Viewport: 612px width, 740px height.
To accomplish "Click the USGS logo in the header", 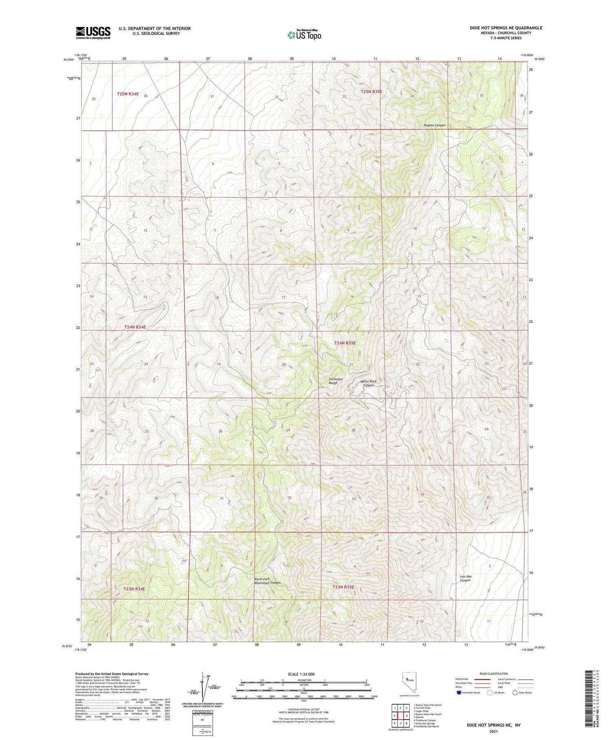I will tap(93, 33).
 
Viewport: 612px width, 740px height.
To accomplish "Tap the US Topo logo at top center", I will tap(304, 35).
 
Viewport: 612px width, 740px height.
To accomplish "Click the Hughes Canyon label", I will tap(435, 125).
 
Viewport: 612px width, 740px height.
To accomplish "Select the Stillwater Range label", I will tap(336, 381).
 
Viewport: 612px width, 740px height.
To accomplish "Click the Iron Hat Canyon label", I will tap(466, 578).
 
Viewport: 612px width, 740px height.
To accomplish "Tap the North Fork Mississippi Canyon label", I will tap(267, 581).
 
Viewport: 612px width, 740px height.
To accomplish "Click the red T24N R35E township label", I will tap(345, 343).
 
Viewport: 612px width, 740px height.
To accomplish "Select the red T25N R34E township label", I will tap(128, 94).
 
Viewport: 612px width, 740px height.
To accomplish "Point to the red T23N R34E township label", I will tap(134, 589).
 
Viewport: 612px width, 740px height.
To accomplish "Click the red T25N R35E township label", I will tap(371, 92).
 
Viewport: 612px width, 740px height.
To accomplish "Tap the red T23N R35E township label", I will tap(343, 587).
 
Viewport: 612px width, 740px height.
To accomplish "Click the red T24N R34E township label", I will tap(135, 327).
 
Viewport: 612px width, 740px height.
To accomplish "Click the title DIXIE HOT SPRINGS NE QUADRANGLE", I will tap(506, 28).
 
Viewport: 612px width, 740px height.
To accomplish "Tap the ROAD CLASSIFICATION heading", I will tap(494, 673).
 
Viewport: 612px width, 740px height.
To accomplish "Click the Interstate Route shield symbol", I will tap(459, 693).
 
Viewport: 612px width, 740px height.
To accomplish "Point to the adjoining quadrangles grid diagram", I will tap(401, 715).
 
